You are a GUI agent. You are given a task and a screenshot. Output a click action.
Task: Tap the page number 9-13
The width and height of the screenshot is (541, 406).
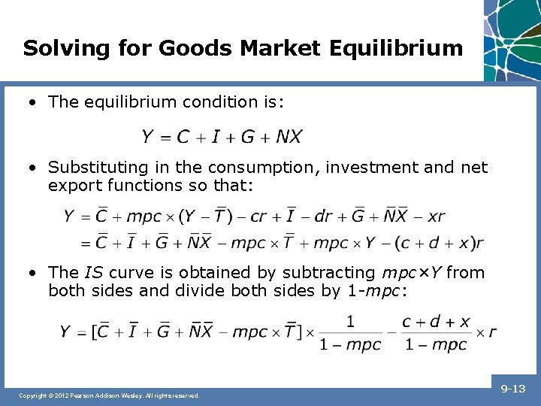coord(512,389)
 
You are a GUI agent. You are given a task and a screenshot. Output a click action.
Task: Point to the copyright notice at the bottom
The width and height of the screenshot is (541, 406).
coord(109,395)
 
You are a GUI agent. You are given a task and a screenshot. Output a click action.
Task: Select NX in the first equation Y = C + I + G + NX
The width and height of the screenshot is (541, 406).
coord(289,137)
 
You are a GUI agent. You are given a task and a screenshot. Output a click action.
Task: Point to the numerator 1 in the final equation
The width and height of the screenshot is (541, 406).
coord(350,322)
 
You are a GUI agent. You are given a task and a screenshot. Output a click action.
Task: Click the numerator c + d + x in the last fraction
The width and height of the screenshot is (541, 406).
coord(436,322)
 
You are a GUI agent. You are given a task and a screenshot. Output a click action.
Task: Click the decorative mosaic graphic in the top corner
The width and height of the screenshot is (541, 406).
coord(512,38)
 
